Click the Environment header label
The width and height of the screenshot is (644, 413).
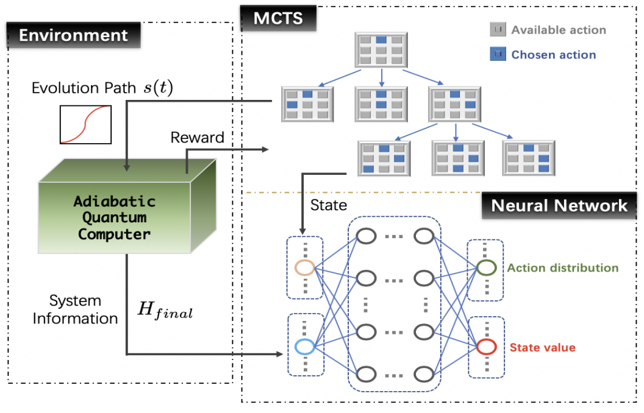pyautogui.click(x=74, y=35)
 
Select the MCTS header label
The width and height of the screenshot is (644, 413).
pyautogui.click(x=278, y=19)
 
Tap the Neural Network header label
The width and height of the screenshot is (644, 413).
pyautogui.click(x=559, y=205)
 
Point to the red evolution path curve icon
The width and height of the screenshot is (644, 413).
pyautogui.click(x=85, y=124)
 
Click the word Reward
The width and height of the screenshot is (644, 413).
pyautogui.click(x=197, y=138)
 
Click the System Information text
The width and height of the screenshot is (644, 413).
pyautogui.click(x=75, y=310)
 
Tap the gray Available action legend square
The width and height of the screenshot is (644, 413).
pyautogui.click(x=498, y=30)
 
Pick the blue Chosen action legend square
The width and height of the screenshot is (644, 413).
pyautogui.click(x=498, y=54)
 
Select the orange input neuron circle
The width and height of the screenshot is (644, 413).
pyautogui.click(x=304, y=267)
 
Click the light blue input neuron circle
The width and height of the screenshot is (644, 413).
pyautogui.click(x=304, y=347)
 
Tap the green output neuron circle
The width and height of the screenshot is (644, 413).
pyautogui.click(x=486, y=267)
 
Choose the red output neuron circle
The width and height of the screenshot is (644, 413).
pyautogui.click(x=486, y=347)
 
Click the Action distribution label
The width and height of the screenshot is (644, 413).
pyautogui.click(x=562, y=268)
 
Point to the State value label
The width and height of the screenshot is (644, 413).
pyautogui.click(x=542, y=348)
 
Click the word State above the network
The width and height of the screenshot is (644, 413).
pyautogui.click(x=329, y=205)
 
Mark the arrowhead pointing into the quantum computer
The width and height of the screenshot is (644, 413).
pyautogui.click(x=126, y=167)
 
